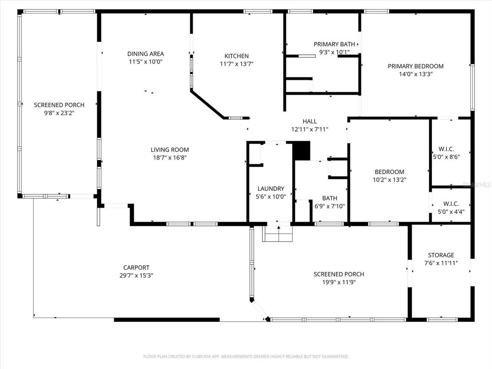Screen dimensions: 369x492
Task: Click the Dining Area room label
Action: point(146,54)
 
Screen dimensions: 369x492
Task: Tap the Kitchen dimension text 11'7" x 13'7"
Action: point(237,64)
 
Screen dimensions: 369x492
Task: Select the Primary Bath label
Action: point(331,44)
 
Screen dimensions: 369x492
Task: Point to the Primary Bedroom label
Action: point(416,66)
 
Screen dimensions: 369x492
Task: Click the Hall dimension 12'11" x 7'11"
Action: point(309,129)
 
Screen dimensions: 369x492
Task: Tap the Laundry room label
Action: point(271,189)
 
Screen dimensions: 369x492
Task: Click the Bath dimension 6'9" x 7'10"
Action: point(330,206)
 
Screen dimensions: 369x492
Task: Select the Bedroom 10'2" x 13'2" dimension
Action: point(389,180)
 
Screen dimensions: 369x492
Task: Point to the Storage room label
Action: point(441,255)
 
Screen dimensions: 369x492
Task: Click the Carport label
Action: point(136,268)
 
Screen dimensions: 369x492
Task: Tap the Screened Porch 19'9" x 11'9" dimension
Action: point(339,283)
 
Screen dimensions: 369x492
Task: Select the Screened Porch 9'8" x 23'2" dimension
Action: point(59,113)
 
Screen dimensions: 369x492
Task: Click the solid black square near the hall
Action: point(302,151)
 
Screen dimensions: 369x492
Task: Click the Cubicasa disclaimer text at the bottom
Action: point(246,357)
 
